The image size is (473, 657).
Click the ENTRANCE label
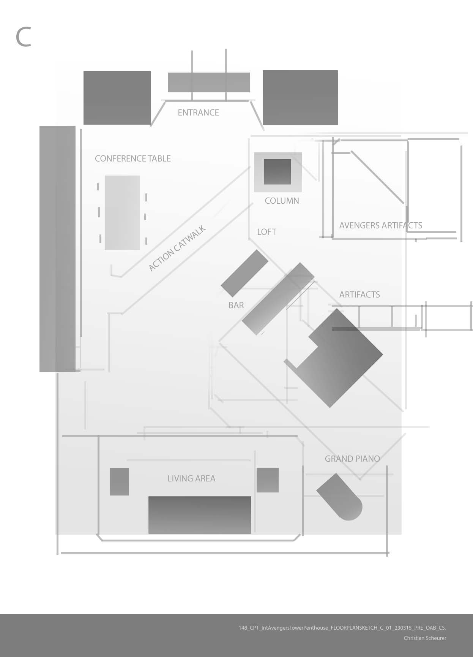tap(198, 112)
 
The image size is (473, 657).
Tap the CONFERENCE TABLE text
tap(132, 158)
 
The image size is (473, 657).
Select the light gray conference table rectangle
tap(122, 213)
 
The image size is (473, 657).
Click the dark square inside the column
tap(277, 172)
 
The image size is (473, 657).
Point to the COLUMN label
tap(282, 201)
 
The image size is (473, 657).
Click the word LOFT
tap(266, 232)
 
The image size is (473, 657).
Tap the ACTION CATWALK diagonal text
tap(177, 248)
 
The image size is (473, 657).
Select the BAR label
tap(236, 305)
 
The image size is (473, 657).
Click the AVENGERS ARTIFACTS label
tap(381, 225)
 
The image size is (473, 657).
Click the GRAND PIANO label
tap(352, 459)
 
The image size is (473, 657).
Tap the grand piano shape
tap(339, 497)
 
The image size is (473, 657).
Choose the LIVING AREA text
tap(191, 478)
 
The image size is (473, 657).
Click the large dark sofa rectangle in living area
tap(200, 515)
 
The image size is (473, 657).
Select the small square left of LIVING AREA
tap(119, 482)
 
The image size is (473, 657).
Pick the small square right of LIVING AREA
tap(268, 480)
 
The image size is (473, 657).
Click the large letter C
tap(24, 37)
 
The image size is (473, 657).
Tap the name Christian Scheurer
tap(425, 638)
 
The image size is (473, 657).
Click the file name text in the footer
tap(342, 628)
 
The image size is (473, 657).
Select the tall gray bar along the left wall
tap(58, 249)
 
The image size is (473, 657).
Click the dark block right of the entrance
tap(300, 98)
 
